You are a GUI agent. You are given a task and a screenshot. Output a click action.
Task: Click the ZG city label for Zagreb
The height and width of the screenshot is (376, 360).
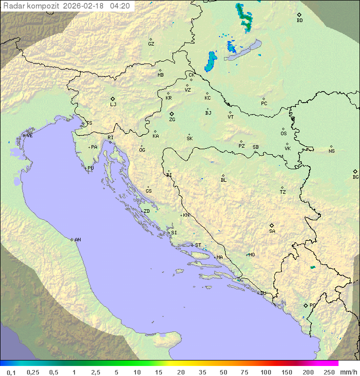pyautogui.click(x=172, y=120)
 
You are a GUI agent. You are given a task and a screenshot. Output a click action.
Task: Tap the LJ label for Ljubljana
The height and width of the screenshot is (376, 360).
pyautogui.click(x=113, y=105)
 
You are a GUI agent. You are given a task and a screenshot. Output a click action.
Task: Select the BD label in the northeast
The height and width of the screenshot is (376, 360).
pyautogui.click(x=299, y=21)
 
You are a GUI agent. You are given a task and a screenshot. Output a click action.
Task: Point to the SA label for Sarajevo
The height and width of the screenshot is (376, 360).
pyautogui.click(x=272, y=231)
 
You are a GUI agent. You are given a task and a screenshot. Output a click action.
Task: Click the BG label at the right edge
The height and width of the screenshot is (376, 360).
pyautogui.click(x=355, y=177)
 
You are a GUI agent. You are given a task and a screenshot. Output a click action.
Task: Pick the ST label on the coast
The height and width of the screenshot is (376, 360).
pyautogui.click(x=198, y=245)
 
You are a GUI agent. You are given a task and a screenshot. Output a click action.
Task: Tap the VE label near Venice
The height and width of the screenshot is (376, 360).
pyautogui.click(x=29, y=136)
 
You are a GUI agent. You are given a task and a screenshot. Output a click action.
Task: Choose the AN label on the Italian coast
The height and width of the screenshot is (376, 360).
pyautogui.click(x=77, y=240)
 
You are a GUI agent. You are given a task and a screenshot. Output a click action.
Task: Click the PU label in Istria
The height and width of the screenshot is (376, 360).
pyautogui.click(x=90, y=168)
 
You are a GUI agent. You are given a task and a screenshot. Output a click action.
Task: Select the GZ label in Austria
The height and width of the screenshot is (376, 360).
pyautogui.click(x=151, y=44)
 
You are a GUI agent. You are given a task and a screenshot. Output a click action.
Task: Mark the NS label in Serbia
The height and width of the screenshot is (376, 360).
pyautogui.click(x=331, y=151)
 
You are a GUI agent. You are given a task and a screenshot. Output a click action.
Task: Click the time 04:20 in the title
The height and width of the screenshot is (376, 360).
pyautogui.click(x=120, y=6)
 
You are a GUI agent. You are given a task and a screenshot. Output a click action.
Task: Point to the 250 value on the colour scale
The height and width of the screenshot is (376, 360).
pyautogui.click(x=328, y=372)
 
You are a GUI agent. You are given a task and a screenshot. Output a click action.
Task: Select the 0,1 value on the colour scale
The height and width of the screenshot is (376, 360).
pyautogui.click(x=11, y=372)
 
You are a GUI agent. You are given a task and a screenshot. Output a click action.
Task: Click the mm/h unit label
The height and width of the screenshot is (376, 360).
pyautogui.click(x=348, y=372)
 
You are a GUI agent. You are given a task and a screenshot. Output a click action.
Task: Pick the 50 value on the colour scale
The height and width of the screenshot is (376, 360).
pyautogui.click(x=223, y=372)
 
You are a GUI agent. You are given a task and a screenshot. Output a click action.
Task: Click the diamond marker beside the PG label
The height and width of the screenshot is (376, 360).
pyautogui.click(x=305, y=305)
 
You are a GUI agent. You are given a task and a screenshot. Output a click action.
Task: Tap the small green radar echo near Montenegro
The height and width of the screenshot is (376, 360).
pyautogui.click(x=312, y=267)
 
